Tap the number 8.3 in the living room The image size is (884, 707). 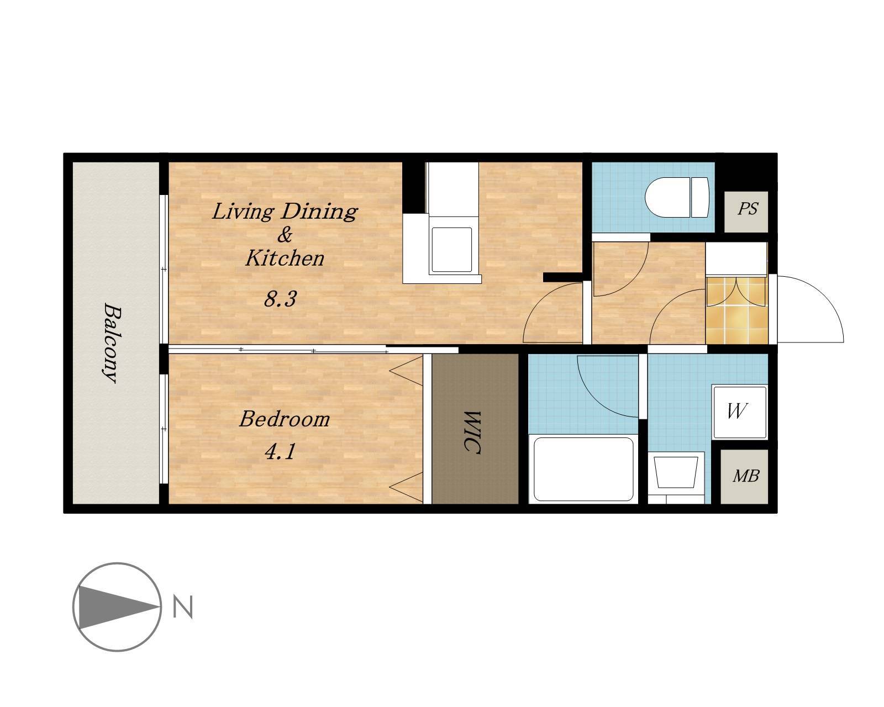click(x=280, y=299)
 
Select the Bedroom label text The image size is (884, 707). click(x=285, y=419)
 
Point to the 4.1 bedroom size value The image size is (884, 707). click(x=280, y=451)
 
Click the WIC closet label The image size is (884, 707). click(x=473, y=432)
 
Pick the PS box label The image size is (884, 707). click(x=748, y=209)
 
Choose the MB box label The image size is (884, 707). click(x=745, y=476)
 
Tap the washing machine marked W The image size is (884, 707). click(x=740, y=412)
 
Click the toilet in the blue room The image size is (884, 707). click(x=677, y=197)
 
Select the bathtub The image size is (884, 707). click(x=583, y=469)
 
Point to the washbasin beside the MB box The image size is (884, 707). click(x=676, y=477)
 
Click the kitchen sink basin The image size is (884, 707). click(x=451, y=250)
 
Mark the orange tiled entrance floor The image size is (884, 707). click(x=736, y=310)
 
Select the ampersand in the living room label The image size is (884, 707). click(x=285, y=235)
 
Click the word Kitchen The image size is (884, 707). click(x=285, y=258)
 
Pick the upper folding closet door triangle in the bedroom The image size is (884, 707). click(x=406, y=371)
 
